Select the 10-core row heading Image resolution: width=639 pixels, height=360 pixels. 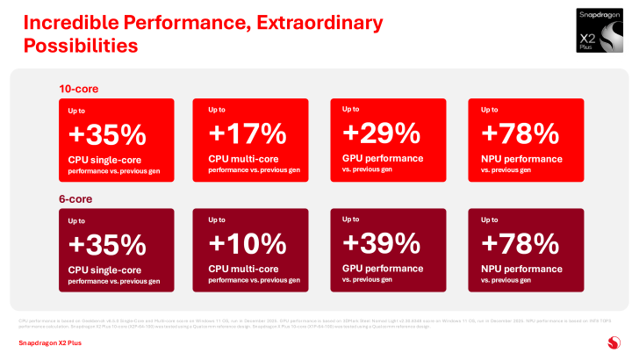click(78, 88)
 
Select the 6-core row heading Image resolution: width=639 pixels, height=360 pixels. click(75, 198)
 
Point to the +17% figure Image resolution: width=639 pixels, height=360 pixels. click(248, 133)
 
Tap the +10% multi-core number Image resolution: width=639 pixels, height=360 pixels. click(248, 242)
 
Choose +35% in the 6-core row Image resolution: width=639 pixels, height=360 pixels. click(107, 244)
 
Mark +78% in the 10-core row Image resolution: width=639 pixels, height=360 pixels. click(521, 133)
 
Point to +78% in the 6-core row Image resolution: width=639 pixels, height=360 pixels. click(521, 242)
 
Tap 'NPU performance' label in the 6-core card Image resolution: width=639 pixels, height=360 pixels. click(522, 267)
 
